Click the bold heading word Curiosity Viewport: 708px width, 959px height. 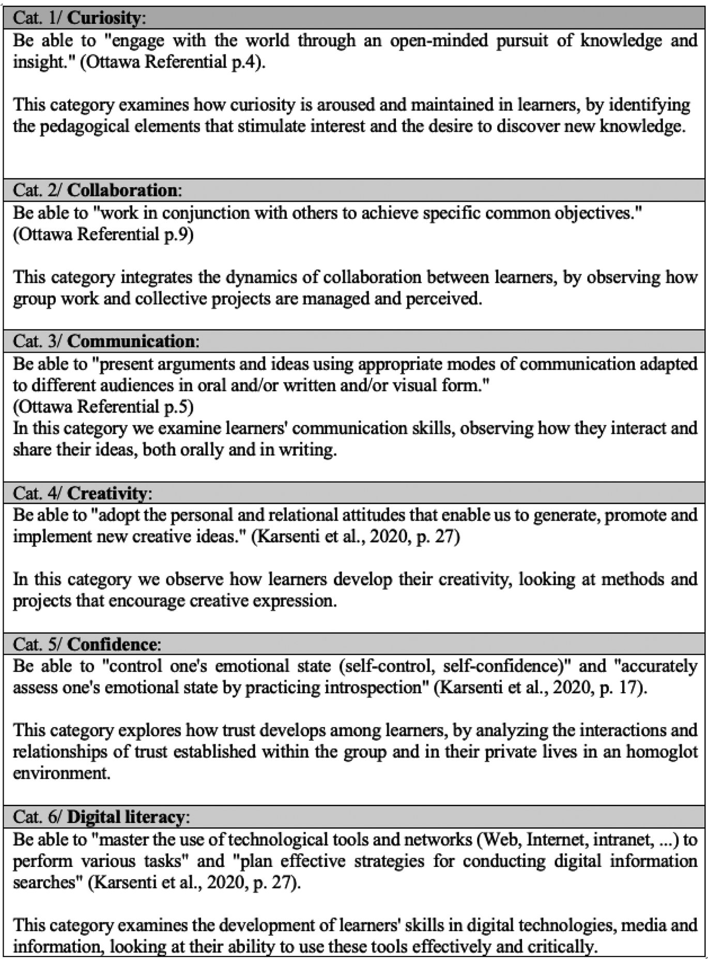(104, 18)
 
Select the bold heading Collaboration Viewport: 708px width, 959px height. (122, 190)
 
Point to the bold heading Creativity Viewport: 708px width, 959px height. (107, 493)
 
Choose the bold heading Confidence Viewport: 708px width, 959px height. (112, 644)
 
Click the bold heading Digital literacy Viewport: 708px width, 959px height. (126, 817)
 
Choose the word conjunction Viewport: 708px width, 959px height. (227, 213)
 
